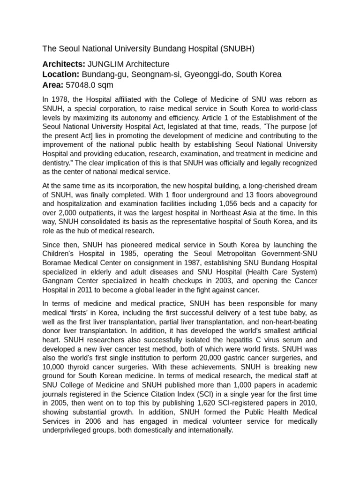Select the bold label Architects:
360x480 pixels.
pyautogui.click(x=64, y=64)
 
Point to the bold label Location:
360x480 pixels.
pyautogui.click(x=61, y=75)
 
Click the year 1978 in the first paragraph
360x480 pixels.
pyautogui.click(x=60, y=100)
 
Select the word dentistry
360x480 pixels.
pyautogui.click(x=57, y=163)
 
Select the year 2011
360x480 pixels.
pyautogui.click(x=84, y=290)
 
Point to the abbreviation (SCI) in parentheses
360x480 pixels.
pyautogui.click(x=201, y=394)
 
